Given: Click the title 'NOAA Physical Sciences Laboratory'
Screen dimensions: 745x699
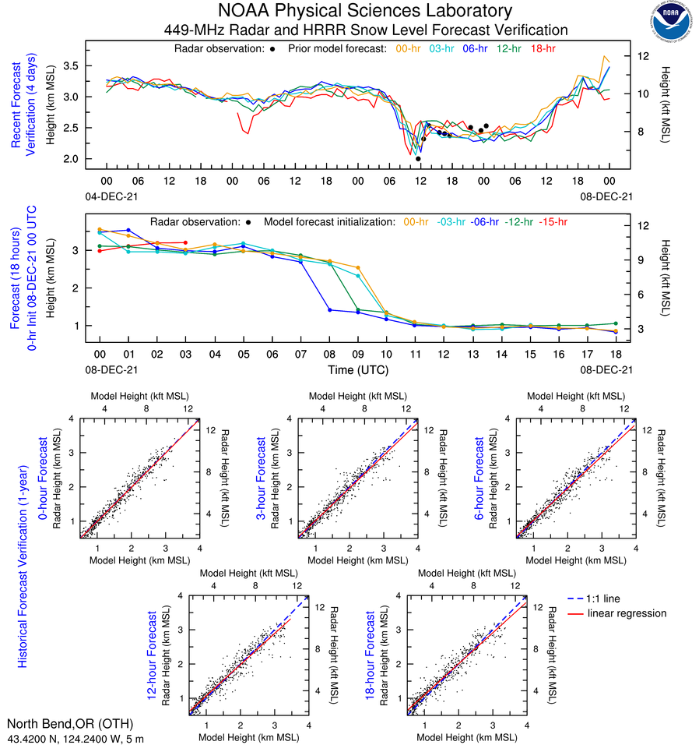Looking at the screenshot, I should tap(365, 11).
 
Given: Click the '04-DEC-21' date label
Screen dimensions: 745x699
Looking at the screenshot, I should tap(106, 197).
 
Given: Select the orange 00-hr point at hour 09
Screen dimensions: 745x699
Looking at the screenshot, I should tap(358, 268).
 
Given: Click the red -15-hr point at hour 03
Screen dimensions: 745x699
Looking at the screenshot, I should tap(185, 242).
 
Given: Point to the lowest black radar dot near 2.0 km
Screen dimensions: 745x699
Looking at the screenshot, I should tap(418, 159).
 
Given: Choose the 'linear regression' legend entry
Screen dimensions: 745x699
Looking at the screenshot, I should tap(627, 613).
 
